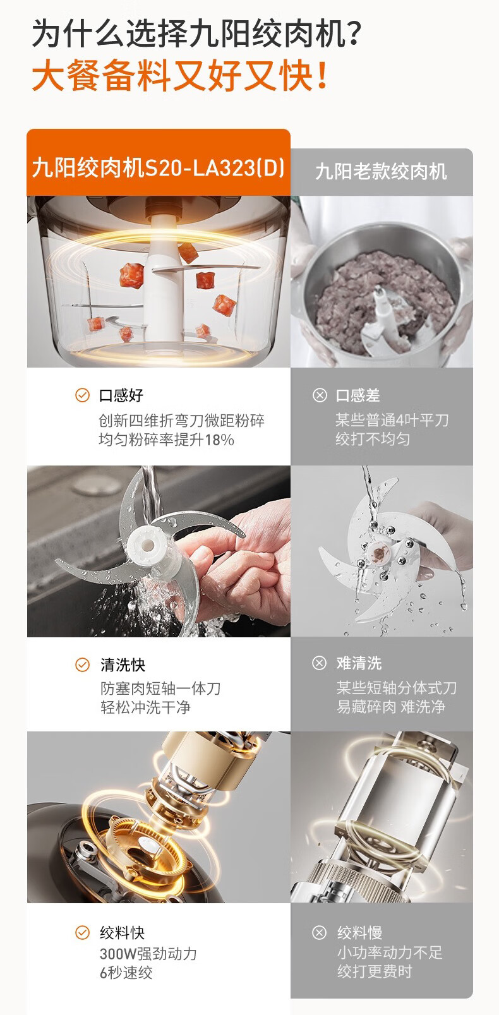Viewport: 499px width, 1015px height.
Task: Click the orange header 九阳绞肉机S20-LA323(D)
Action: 159,167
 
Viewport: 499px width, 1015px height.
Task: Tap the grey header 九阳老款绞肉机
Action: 381,171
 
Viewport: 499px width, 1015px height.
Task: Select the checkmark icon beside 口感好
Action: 82,395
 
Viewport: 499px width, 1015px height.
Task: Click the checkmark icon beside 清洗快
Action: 82,664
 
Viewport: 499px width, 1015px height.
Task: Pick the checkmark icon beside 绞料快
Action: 82,932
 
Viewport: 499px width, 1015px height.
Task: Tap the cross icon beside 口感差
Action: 320,395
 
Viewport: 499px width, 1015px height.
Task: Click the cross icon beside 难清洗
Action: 319,663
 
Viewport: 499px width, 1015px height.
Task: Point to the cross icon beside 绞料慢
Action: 319,932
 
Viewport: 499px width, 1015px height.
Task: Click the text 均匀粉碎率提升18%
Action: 166,440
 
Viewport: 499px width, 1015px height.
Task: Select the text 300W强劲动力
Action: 148,953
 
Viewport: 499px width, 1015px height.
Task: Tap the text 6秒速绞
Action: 126,973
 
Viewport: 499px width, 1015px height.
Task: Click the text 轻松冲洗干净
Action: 145,707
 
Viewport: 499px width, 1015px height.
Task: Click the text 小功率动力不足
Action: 390,952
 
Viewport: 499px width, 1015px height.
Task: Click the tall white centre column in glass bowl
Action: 163,281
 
